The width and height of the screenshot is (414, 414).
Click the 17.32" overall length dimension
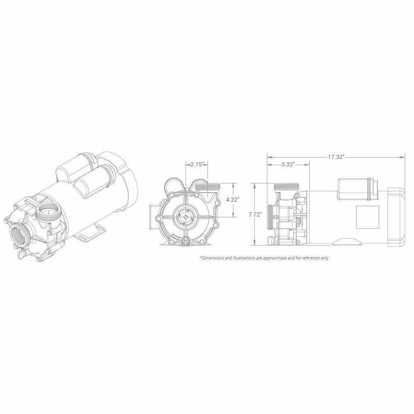click(x=336, y=157)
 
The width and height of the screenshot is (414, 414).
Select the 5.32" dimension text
click(x=288, y=165)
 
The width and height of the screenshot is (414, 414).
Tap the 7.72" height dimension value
click(x=256, y=214)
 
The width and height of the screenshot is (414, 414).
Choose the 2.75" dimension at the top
click(x=197, y=165)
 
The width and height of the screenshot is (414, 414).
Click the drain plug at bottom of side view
click(x=272, y=240)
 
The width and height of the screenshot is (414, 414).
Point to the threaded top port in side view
click(x=286, y=187)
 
